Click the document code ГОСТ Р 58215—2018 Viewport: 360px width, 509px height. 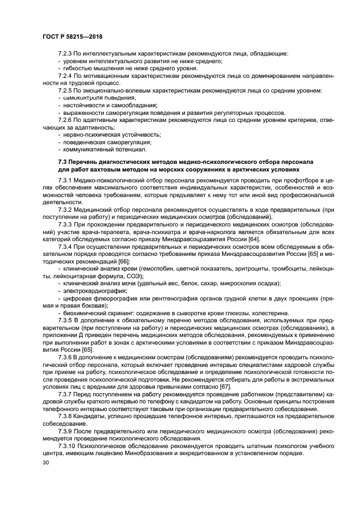tap(72, 36)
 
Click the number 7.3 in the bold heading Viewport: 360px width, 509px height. tap(63, 162)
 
